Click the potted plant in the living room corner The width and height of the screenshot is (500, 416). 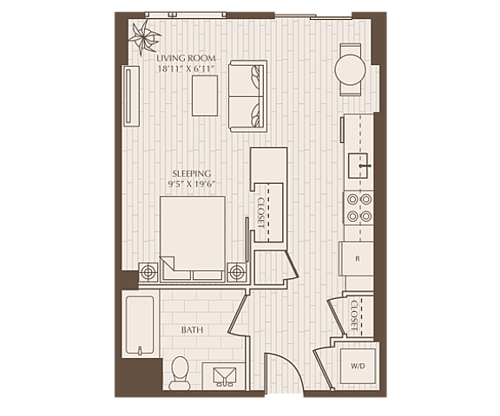point(144,38)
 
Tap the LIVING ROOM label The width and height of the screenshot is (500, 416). point(187,59)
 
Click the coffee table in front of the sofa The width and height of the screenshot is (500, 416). point(205,95)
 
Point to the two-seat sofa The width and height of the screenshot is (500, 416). point(247,96)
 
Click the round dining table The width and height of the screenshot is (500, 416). point(350,70)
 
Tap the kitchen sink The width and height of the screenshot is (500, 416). point(358,166)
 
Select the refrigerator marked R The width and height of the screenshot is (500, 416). point(357,259)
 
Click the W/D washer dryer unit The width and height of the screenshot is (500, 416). point(358,366)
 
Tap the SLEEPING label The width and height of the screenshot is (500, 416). point(192,174)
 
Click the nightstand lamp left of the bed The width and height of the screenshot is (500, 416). point(148,272)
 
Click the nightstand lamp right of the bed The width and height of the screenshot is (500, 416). point(237,272)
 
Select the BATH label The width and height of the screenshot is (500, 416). point(192,330)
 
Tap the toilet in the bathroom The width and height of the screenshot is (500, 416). point(180,373)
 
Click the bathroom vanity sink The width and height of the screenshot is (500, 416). point(225,376)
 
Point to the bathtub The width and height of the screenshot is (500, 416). point(140,325)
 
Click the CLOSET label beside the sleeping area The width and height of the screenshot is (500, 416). point(261,212)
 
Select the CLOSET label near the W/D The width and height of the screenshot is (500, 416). point(354,315)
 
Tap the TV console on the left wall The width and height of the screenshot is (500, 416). point(132,97)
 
